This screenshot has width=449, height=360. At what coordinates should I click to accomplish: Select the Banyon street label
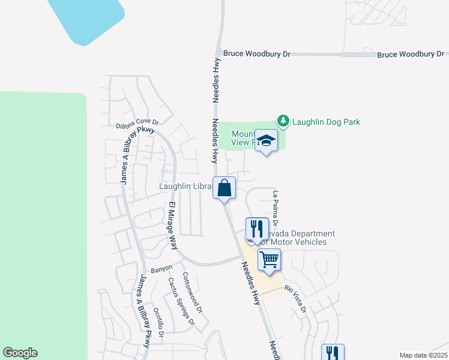point(161,268)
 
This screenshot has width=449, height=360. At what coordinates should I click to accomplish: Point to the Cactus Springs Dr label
point(181,301)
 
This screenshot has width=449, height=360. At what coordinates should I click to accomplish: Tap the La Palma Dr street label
point(276,208)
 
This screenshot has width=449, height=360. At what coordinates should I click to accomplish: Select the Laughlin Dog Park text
point(326,122)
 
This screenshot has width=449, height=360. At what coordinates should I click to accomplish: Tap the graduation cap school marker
point(266,141)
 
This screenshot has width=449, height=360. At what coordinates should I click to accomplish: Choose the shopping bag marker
point(224,188)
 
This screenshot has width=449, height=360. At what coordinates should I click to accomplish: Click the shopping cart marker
point(270,260)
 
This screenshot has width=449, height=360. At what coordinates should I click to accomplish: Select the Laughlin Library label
point(185,186)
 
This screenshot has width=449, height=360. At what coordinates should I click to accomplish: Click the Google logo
point(20,353)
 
